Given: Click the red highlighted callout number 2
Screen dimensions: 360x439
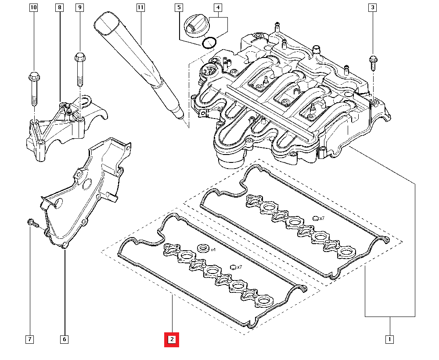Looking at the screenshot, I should pos(172,339).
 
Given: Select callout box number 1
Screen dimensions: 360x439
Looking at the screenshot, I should pos(389,339).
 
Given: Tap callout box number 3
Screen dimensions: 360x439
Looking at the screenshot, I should pos(372,7).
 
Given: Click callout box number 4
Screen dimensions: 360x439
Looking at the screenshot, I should pos(218,7).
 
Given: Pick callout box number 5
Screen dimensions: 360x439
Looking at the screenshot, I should pos(178,7).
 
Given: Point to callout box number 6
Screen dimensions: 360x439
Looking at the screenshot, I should pos(64,339).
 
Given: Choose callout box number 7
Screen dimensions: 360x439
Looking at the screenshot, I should pos(29,339).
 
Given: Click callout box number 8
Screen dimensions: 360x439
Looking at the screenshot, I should pos(60,7).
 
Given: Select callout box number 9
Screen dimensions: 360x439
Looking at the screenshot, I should pos(79,7).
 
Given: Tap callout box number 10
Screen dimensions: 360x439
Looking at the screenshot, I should pos(34,7).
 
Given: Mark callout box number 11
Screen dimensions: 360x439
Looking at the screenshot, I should pos(140,7).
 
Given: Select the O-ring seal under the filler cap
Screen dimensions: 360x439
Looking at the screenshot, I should pos(209,43).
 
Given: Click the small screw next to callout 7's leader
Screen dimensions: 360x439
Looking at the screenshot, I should pos(32,223).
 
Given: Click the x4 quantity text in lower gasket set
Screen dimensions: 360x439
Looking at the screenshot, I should pos(213,249).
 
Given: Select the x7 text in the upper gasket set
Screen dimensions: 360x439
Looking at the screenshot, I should pos(321,218).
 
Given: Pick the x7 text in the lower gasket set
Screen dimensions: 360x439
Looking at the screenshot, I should pos(239,267).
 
